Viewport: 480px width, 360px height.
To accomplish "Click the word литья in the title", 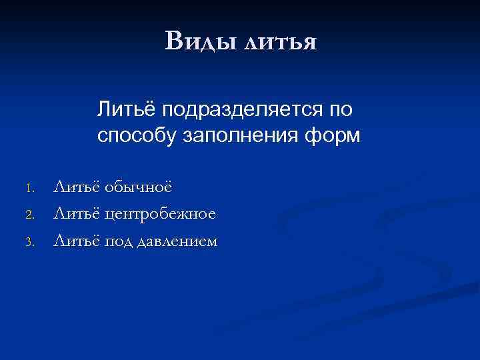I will [x=280, y=41].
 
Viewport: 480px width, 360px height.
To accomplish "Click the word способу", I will [x=137, y=136].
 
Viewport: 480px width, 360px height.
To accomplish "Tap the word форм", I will [x=339, y=136].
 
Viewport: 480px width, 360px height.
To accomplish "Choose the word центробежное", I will [x=160, y=214].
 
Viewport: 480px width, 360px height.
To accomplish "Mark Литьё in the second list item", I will [x=75, y=213].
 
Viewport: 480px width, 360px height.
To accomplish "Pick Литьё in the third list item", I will [x=75, y=241].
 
